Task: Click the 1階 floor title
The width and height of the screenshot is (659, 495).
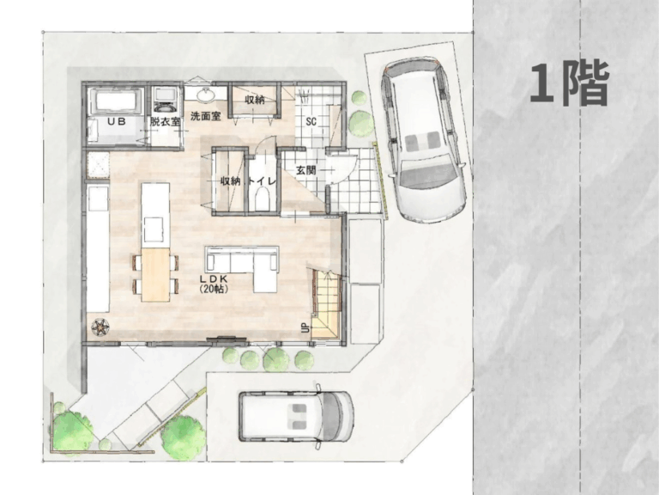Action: [569, 82]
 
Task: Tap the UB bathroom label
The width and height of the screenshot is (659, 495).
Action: [117, 122]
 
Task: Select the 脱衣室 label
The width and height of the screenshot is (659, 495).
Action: [165, 122]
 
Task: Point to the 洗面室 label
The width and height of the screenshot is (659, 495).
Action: [206, 116]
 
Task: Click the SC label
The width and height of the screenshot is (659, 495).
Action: [311, 122]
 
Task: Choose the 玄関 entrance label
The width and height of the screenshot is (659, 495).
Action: [305, 170]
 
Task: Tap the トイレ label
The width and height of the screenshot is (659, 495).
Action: [263, 181]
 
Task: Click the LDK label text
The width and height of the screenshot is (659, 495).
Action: [214, 278]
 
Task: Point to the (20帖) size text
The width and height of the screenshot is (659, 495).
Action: [214, 289]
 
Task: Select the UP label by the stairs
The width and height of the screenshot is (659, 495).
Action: [305, 328]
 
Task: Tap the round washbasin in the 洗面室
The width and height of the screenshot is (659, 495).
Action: [206, 95]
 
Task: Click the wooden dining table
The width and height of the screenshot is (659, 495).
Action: [155, 274]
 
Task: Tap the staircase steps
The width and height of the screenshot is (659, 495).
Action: [325, 303]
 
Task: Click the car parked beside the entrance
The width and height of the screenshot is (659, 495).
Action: [423, 139]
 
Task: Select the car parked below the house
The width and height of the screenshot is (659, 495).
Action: [296, 416]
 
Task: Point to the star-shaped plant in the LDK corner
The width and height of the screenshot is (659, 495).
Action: [101, 327]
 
